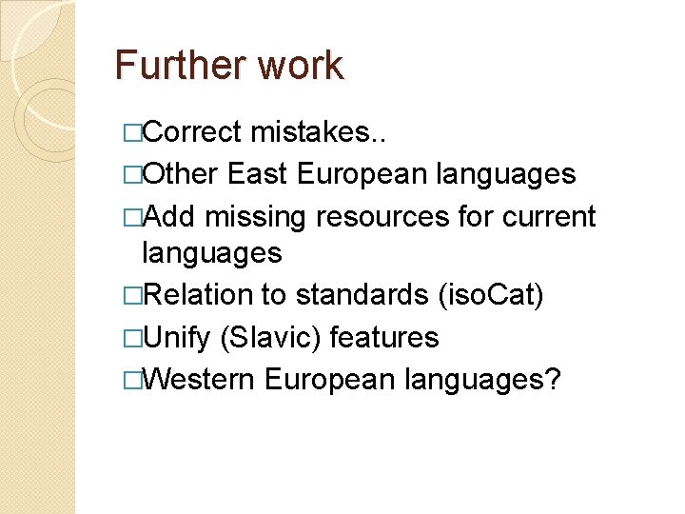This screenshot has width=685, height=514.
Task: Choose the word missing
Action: (256, 216)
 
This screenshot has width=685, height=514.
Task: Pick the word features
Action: (385, 338)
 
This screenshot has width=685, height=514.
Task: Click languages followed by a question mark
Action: (482, 380)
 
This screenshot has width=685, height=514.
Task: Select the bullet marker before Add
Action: (131, 217)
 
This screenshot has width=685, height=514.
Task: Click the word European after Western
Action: (329, 380)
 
